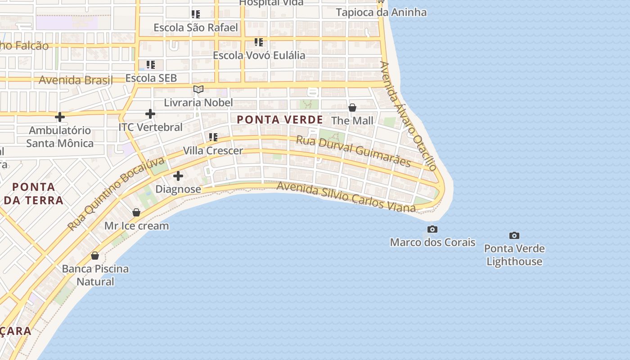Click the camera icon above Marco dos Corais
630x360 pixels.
[432, 229]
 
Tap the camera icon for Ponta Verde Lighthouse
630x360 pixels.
[514, 235]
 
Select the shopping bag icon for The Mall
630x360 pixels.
[352, 108]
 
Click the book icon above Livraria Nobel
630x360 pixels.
[198, 89]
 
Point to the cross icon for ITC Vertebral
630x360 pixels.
[150, 114]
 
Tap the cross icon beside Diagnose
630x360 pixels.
[178, 176]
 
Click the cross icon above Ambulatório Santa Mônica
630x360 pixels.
[59, 117]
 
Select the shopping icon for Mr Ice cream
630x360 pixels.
[136, 212]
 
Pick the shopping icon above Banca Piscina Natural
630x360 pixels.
[95, 256]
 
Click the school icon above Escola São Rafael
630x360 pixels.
[195, 14]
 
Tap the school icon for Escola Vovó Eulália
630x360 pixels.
[258, 42]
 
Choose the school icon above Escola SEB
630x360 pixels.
[150, 65]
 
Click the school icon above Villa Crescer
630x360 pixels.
[213, 137]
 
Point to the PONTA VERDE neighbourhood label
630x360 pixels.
[280, 120]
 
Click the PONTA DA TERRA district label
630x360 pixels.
[34, 193]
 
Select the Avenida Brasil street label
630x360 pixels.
[76, 80]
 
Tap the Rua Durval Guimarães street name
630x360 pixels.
[353, 151]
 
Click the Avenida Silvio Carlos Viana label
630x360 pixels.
[346, 197]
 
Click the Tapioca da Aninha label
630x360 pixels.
[381, 12]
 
